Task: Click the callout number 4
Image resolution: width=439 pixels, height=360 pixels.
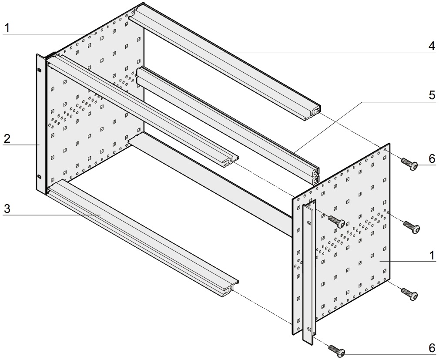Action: click(x=432, y=46)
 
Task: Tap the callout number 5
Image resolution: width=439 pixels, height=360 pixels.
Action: click(x=432, y=95)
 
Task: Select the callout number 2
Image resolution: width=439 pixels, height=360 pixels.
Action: click(x=7, y=139)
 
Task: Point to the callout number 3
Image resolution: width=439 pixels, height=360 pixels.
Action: click(x=7, y=209)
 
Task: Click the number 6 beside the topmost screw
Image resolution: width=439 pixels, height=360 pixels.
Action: click(x=432, y=159)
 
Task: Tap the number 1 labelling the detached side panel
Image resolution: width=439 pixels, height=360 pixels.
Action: click(x=432, y=256)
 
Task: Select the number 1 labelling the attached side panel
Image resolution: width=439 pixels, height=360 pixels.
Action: click(x=7, y=28)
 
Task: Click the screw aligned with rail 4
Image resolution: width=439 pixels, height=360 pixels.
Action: click(x=409, y=164)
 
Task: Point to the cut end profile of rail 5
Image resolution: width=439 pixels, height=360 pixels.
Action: click(x=315, y=175)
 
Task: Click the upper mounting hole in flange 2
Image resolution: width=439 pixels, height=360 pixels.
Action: click(x=39, y=69)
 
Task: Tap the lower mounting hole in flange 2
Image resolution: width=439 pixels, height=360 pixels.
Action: click(x=39, y=176)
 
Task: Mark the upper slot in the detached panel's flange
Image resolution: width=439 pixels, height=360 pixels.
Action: click(x=309, y=223)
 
